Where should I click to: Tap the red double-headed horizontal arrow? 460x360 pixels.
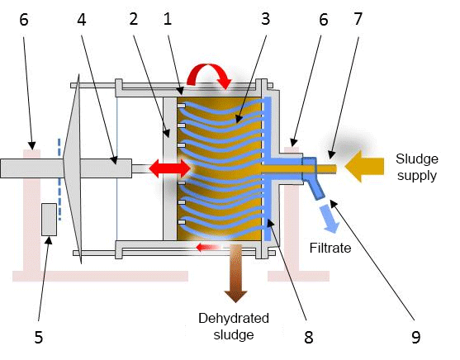click(x=168, y=168)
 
